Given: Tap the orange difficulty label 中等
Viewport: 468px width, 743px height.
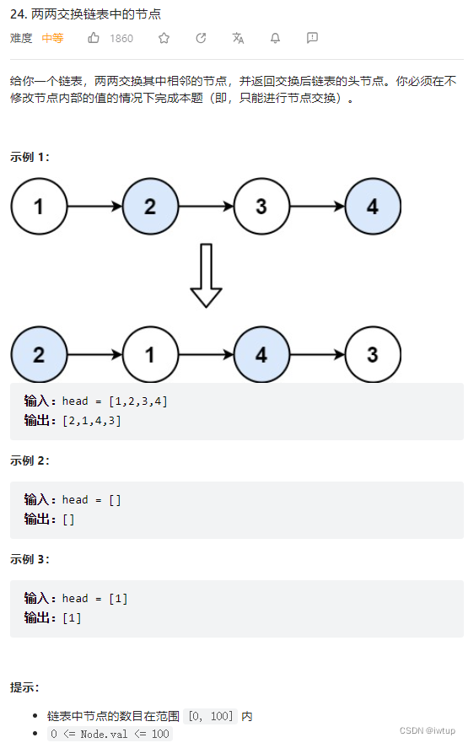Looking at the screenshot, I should [52, 38].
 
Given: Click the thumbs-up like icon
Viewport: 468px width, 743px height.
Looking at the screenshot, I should [94, 38].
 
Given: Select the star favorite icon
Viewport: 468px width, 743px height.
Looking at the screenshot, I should [164, 38].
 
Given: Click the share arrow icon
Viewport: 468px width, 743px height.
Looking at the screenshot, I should [201, 38].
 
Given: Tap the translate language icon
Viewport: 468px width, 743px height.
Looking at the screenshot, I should [238, 38].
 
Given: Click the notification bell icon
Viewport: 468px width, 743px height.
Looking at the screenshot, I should [275, 38].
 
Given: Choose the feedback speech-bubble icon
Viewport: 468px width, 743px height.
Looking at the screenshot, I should [312, 38].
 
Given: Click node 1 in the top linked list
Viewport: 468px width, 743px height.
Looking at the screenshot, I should [39, 206].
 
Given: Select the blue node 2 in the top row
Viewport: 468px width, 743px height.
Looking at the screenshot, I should [150, 206].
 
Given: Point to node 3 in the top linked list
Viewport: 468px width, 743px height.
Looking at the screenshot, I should [261, 206].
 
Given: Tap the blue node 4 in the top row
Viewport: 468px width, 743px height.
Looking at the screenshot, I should [373, 206].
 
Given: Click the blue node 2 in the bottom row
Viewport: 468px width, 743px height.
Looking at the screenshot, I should [39, 354].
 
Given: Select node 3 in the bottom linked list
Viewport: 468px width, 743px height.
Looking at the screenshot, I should [373, 354].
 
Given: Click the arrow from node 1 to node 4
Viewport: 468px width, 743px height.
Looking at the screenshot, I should [206, 354].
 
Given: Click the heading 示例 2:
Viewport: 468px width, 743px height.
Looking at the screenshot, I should [30, 460].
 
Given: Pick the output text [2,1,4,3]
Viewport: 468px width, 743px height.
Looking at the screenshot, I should [91, 420].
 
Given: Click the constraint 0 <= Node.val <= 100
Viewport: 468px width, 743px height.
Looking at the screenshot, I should [110, 734].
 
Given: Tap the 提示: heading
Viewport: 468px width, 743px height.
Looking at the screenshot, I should [24, 687].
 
